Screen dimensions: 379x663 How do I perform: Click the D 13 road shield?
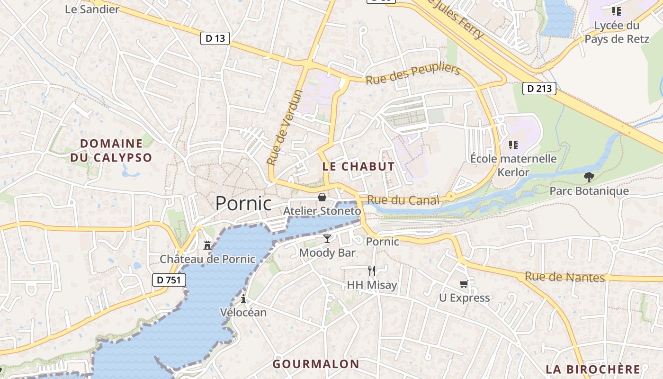click(215, 38)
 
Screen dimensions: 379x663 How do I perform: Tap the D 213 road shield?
click(539, 88)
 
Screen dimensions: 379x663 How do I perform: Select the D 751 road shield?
click(169, 280)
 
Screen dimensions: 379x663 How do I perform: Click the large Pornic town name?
click(243, 203)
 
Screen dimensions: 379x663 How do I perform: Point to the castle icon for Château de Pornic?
click(207, 245)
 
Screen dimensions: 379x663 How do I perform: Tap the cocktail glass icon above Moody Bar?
click(327, 238)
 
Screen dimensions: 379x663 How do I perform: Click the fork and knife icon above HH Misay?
click(372, 271)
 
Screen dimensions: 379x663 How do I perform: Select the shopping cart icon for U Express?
click(464, 284)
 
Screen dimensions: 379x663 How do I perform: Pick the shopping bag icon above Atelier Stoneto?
click(322, 197)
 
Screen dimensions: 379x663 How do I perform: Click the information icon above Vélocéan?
click(243, 298)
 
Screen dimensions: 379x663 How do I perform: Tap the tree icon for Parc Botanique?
click(589, 177)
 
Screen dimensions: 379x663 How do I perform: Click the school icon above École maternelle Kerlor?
click(513, 144)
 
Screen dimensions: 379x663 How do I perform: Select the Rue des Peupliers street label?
click(413, 74)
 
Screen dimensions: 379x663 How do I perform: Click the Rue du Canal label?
click(403, 200)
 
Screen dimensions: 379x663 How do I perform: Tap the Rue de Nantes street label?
click(564, 277)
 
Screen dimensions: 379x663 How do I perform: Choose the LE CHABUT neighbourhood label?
click(358, 166)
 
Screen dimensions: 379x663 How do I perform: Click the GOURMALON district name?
click(315, 364)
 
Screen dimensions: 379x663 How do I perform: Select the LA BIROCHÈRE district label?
click(592, 369)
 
